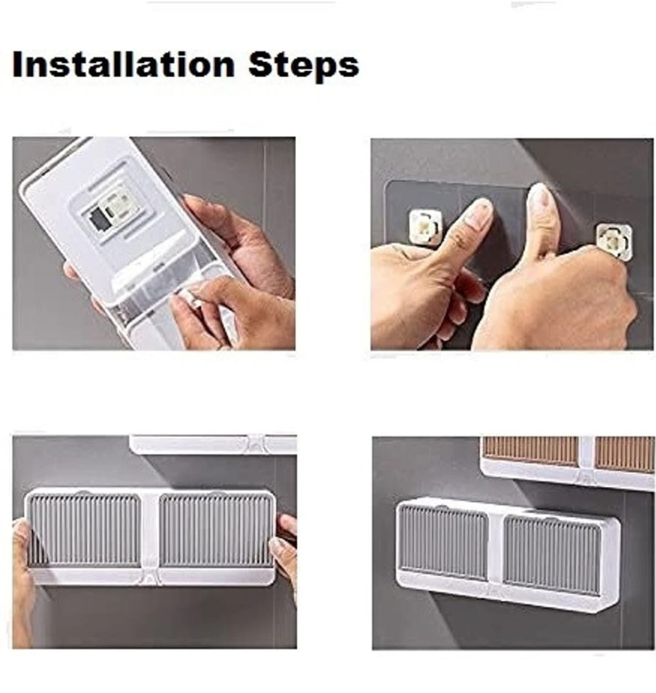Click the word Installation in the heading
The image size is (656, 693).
click(x=123, y=64)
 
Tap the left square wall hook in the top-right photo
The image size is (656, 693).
click(x=425, y=226)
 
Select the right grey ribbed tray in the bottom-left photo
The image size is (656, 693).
click(x=216, y=530)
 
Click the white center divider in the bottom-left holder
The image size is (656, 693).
click(x=150, y=535)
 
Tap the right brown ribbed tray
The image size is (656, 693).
click(x=624, y=455)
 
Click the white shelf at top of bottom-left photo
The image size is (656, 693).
click(x=213, y=444)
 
